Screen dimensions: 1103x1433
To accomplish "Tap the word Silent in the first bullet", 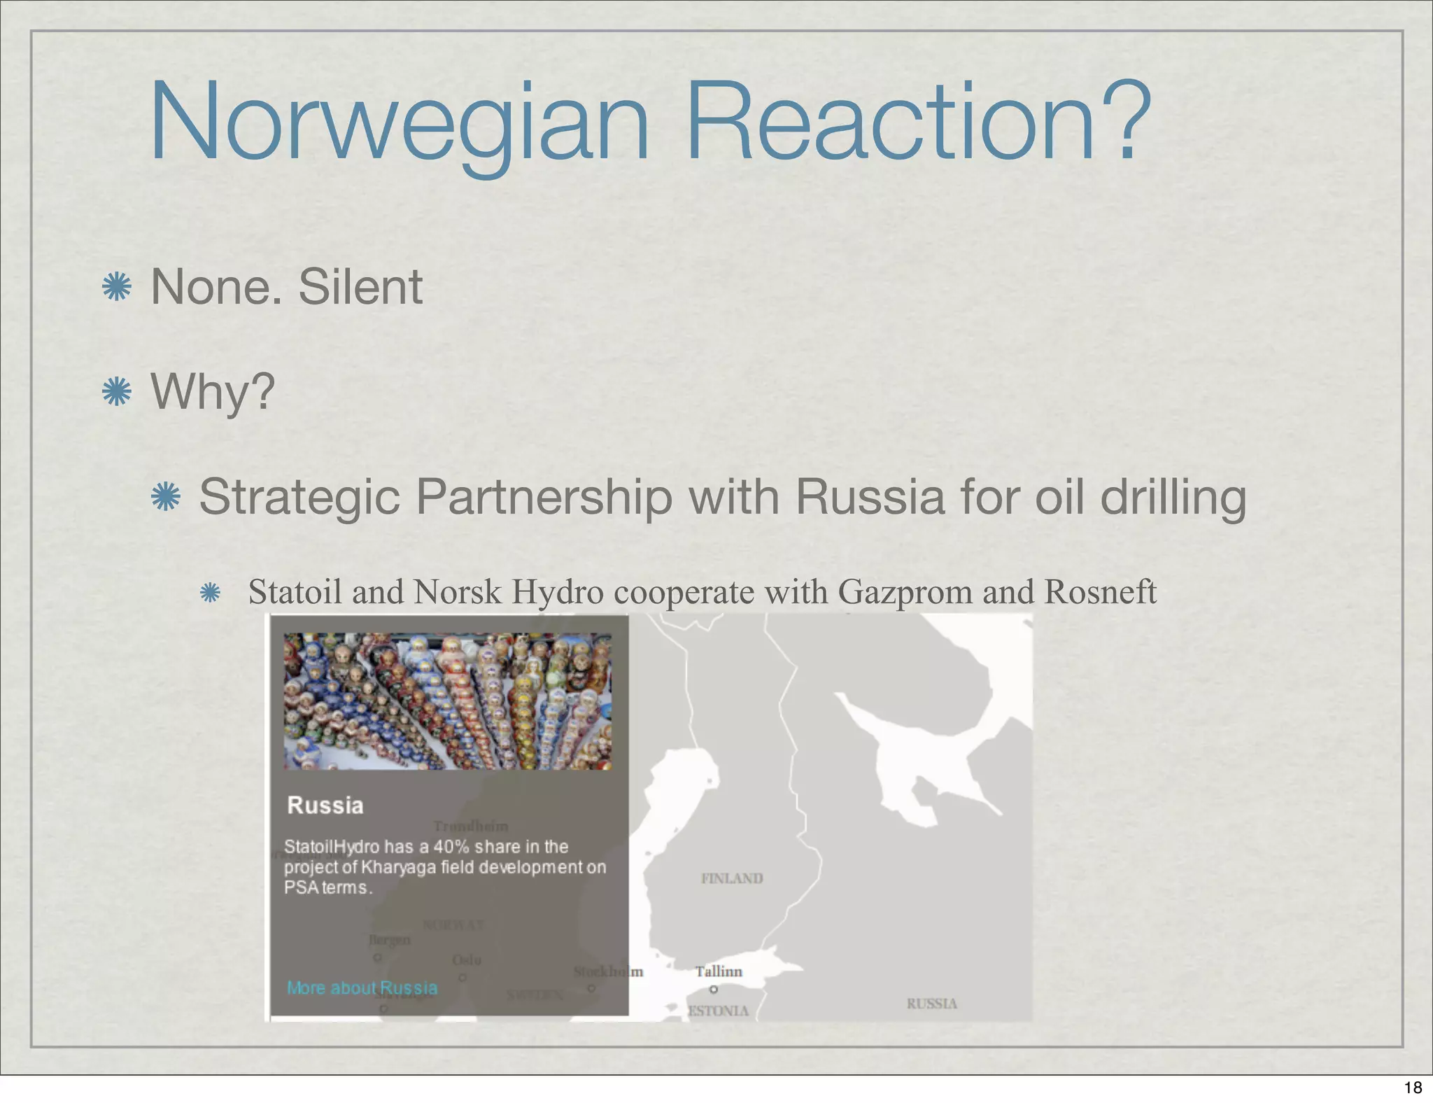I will click(360, 287).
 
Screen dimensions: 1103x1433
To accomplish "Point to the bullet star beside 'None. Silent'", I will click(117, 287).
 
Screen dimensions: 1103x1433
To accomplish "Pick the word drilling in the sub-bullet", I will click(1173, 498).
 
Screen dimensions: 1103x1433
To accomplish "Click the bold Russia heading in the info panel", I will click(325, 806).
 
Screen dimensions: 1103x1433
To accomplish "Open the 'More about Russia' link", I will click(362, 988).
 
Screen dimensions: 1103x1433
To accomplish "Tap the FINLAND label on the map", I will click(732, 878).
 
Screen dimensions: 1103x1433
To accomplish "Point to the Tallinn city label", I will click(719, 971).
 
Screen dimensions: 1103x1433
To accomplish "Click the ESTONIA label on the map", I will click(718, 1011).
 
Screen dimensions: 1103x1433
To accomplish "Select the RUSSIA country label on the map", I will click(931, 1004).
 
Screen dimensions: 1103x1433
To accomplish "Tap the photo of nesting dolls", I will click(448, 701).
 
